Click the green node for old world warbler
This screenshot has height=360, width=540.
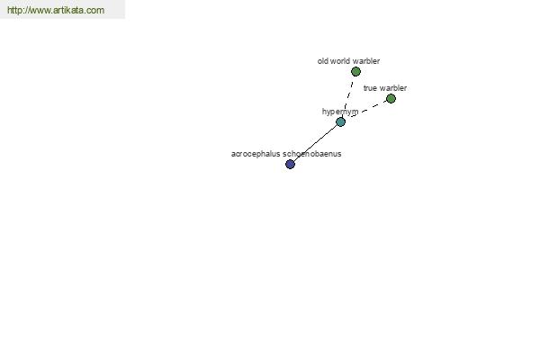(355, 72)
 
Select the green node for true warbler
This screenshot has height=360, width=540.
(391, 99)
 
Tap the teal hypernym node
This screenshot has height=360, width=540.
(340, 122)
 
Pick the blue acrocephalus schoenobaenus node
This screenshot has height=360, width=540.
(291, 165)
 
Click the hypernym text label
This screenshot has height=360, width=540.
(340, 112)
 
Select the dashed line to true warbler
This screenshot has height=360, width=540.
(368, 109)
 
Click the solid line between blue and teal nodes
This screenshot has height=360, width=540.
(316, 143)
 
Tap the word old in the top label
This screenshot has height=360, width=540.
(323, 61)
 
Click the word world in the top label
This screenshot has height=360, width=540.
(340, 61)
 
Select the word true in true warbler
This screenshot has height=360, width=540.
(370, 88)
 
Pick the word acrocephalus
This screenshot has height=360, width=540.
(256, 154)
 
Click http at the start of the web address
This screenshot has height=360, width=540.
(14, 10)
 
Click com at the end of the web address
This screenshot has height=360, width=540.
(95, 11)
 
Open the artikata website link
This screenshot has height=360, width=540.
(56, 10)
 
